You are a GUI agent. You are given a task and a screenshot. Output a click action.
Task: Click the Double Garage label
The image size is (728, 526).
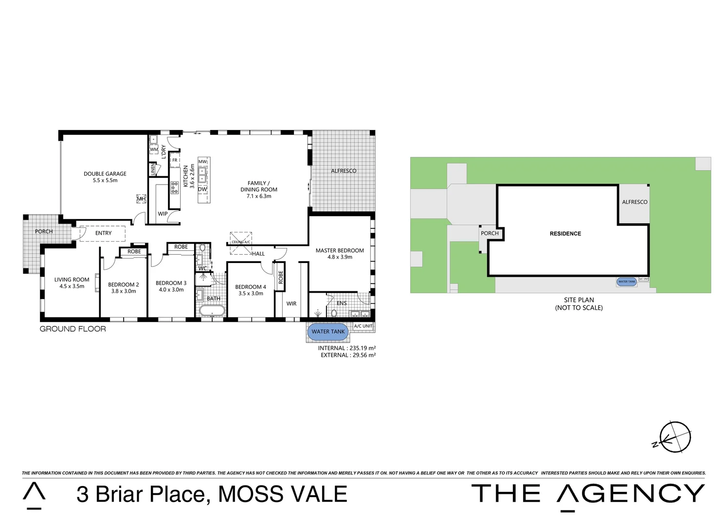point(105,174)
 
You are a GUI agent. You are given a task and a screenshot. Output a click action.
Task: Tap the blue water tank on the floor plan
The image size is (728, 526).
point(328,332)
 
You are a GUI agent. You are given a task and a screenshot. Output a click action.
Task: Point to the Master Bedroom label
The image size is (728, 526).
point(340,251)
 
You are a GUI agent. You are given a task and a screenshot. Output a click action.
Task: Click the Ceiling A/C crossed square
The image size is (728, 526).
point(241,243)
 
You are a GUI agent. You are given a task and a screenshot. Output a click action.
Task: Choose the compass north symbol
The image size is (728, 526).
point(674,437)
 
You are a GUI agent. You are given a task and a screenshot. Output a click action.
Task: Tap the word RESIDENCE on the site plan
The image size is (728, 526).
point(565,234)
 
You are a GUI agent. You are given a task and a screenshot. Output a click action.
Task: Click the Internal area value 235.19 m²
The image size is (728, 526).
point(363,348)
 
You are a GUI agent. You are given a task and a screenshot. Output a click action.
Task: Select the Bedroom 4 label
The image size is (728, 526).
point(251,287)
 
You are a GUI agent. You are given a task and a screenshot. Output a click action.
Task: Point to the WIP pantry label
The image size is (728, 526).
point(163,214)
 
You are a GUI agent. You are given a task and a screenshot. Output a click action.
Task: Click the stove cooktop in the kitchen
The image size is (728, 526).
point(175,188)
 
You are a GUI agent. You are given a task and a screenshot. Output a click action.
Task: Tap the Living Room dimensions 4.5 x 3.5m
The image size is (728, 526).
point(72,286)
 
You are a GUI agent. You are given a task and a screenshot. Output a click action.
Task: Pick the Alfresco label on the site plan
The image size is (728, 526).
point(635,202)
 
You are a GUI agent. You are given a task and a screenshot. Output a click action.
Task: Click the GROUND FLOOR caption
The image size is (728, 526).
point(73,329)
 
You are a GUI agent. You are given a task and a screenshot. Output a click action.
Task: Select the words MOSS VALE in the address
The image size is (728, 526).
point(282,494)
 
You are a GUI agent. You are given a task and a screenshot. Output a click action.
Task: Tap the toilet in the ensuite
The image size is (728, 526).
point(334,313)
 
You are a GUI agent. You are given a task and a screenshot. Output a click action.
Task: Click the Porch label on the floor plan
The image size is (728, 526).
point(44,231)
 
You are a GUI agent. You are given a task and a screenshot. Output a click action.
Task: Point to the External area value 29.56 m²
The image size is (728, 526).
point(364,355)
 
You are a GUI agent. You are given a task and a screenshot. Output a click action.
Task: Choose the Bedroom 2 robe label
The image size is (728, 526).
point(134,252)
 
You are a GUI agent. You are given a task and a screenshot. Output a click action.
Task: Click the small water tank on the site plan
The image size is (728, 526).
point(627,282)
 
